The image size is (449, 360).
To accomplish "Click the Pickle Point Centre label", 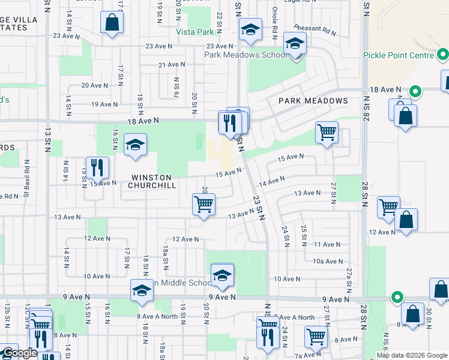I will pos(398,55).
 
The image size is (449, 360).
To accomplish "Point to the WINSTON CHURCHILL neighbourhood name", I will pos(152,181).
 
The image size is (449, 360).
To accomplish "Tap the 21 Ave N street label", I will pos(171,64).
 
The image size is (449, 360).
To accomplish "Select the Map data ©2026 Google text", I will pos(412,355).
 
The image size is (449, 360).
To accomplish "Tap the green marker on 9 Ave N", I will pos(397,296).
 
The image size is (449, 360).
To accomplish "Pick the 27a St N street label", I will pos(349,281).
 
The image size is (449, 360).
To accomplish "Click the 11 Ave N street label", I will pos(327,244).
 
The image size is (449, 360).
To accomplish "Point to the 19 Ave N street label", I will pos(104,104).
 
